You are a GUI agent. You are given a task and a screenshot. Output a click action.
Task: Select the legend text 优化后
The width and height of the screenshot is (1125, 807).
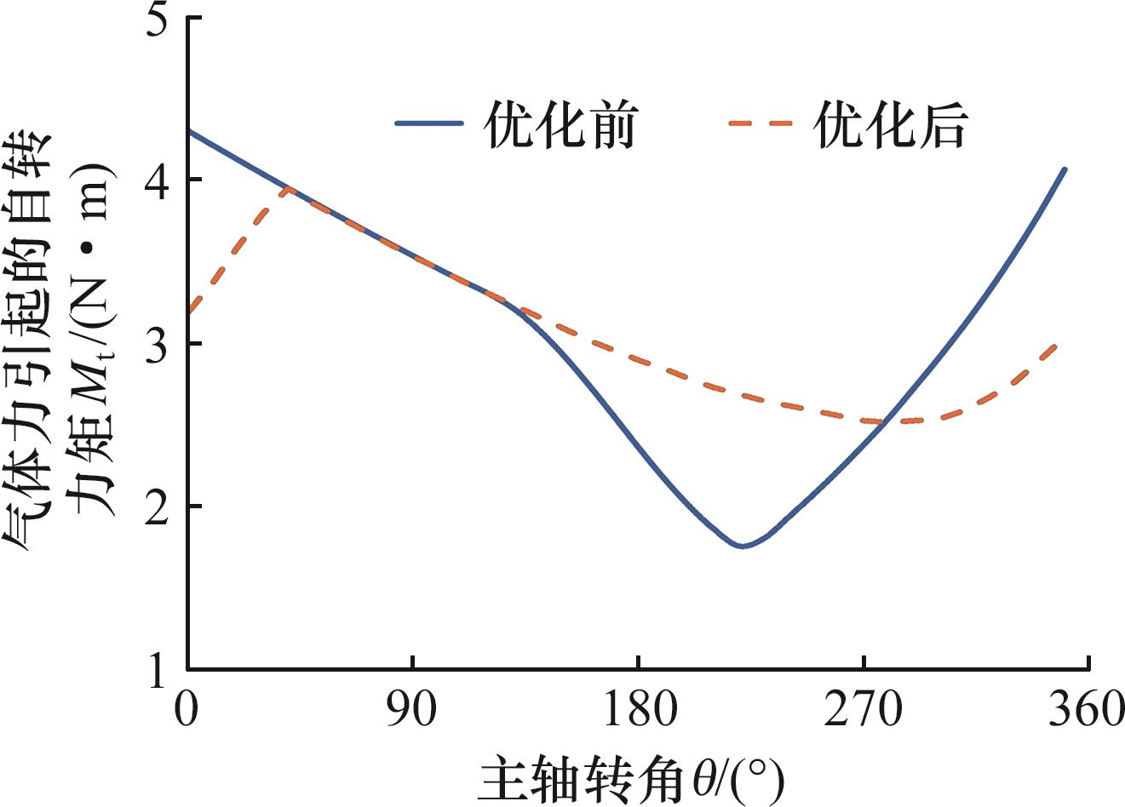point(892,127)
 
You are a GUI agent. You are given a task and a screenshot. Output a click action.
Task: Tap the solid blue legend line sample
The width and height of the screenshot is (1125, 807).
point(429,123)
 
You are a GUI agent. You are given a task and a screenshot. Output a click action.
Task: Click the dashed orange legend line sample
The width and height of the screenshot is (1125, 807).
point(761,123)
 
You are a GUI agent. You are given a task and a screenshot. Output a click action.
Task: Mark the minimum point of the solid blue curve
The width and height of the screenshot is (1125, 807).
point(742,546)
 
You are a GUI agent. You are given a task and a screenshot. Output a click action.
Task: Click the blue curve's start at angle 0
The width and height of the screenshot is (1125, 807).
point(189,131)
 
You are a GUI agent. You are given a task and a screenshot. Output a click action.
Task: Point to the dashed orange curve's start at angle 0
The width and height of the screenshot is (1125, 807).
point(189,312)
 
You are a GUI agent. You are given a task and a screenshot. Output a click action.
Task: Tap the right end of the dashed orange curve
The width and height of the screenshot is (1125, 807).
point(1056,345)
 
